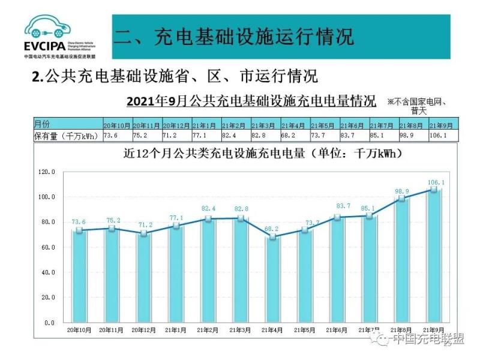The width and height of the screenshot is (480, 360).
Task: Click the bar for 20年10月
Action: click(x=79, y=276)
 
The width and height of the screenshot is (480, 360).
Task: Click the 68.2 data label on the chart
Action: click(x=272, y=229)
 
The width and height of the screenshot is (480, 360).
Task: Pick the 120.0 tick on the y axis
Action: click(x=47, y=172)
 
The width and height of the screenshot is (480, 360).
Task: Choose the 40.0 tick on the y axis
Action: click(x=48, y=272)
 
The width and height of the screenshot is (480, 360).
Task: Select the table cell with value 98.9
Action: click(x=412, y=136)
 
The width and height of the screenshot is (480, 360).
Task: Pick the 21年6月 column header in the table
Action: click(x=353, y=125)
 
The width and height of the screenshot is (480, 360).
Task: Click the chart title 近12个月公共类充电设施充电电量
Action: click(x=262, y=154)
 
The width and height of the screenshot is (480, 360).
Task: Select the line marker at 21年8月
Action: click(x=401, y=198)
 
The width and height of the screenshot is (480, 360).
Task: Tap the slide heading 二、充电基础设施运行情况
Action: click(x=234, y=36)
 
